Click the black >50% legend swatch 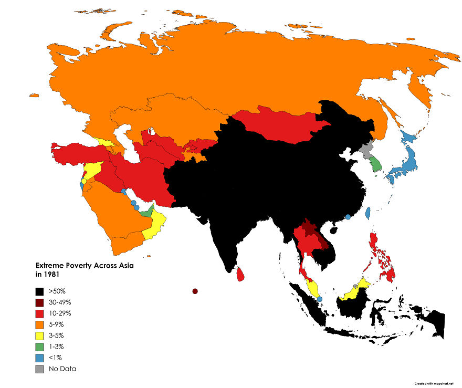click(39, 291)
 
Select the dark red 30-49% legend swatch click(39, 302)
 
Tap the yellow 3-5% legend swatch click(39, 335)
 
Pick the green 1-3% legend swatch click(39, 347)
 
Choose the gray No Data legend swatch click(39, 369)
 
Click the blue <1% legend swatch click(39, 358)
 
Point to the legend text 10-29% click(60, 313)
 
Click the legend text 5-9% click(57, 324)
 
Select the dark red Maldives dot click(195, 291)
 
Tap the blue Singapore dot click(319, 299)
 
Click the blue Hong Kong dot click(348, 217)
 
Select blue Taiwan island click(367, 213)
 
